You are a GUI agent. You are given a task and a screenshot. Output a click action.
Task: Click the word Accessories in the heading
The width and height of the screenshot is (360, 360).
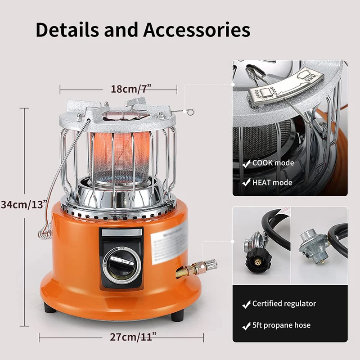point(197,30)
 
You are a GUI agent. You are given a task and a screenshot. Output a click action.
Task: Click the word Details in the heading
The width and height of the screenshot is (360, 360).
point(68,30)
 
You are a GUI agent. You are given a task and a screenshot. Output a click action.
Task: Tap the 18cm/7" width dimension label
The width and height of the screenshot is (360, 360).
point(124,89)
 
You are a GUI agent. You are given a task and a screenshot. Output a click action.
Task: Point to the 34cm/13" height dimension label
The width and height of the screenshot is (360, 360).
point(23,204)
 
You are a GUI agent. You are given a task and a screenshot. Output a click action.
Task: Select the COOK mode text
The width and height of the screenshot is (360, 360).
point(273,163)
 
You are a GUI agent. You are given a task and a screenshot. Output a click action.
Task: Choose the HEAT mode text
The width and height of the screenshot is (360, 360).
point(272,183)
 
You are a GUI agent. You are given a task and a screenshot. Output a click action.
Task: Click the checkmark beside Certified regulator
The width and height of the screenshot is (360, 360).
point(246,305)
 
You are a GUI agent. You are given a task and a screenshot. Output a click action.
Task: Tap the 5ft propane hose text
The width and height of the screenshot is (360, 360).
point(281,325)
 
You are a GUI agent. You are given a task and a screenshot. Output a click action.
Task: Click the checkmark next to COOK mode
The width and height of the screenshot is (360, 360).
point(246,164)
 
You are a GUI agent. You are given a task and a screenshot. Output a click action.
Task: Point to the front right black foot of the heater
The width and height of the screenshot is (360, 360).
point(176,315)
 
